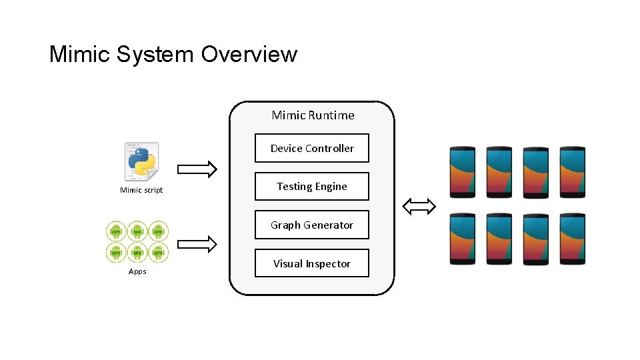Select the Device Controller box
tap(312, 149)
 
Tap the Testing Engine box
tap(312, 187)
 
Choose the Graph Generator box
tap(312, 225)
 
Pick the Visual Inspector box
tap(312, 264)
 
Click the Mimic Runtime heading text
tap(313, 115)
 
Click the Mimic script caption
tap(141, 191)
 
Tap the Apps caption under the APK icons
tap(137, 271)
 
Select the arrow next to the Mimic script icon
tap(197, 169)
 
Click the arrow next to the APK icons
tap(197, 245)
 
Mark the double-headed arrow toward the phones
tap(419, 207)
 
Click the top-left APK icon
tap(117, 231)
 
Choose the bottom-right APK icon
tap(158, 252)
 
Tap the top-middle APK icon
tap(137, 231)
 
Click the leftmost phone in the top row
tap(463, 171)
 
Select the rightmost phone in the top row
tap(573, 171)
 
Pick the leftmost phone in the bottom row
tap(463, 239)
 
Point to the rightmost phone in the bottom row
tap(573, 239)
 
